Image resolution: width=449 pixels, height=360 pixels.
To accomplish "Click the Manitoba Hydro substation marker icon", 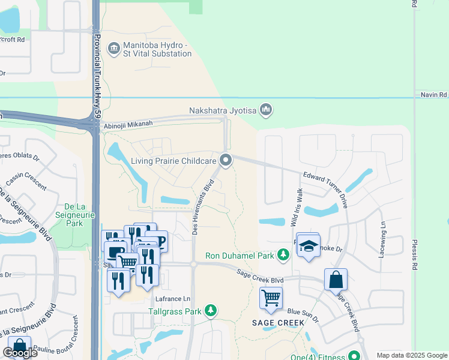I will point(114,48).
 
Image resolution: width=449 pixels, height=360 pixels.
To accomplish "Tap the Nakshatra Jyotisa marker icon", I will point(267,110).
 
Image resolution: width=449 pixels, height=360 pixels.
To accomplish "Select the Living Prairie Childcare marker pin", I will point(226,160).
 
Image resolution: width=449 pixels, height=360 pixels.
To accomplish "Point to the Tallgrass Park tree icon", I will point(210,311).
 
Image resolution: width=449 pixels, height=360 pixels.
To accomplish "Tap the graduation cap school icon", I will point(308,246).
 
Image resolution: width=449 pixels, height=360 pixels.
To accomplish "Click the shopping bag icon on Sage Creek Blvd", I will point(336,280).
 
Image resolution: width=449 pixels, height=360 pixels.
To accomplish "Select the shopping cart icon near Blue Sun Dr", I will point(271,297).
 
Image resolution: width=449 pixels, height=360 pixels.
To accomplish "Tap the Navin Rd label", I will point(433,95).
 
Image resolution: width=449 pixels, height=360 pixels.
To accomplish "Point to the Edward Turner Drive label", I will point(326,186).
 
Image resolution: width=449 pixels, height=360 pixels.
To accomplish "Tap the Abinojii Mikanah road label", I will point(128,124).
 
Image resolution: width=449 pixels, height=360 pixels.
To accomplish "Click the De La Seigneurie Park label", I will point(74,214).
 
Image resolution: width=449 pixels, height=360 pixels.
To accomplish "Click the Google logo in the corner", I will point(20,353).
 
